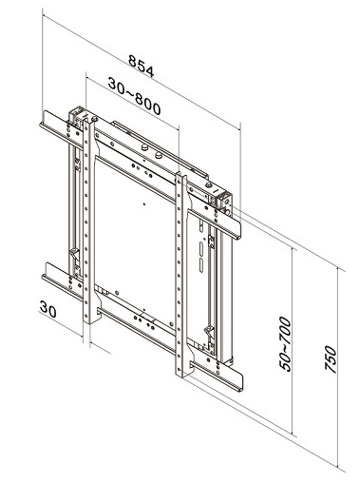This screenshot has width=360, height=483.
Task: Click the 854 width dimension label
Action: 142,66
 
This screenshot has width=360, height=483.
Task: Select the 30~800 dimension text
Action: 134,96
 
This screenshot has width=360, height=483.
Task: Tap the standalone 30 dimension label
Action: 48,309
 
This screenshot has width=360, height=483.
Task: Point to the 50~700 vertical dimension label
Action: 285,344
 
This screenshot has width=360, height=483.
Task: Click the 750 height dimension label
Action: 331,359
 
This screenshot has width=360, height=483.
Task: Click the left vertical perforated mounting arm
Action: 89,222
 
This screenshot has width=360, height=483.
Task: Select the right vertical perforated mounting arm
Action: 181,275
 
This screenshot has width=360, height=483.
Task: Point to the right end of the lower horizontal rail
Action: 241,382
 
